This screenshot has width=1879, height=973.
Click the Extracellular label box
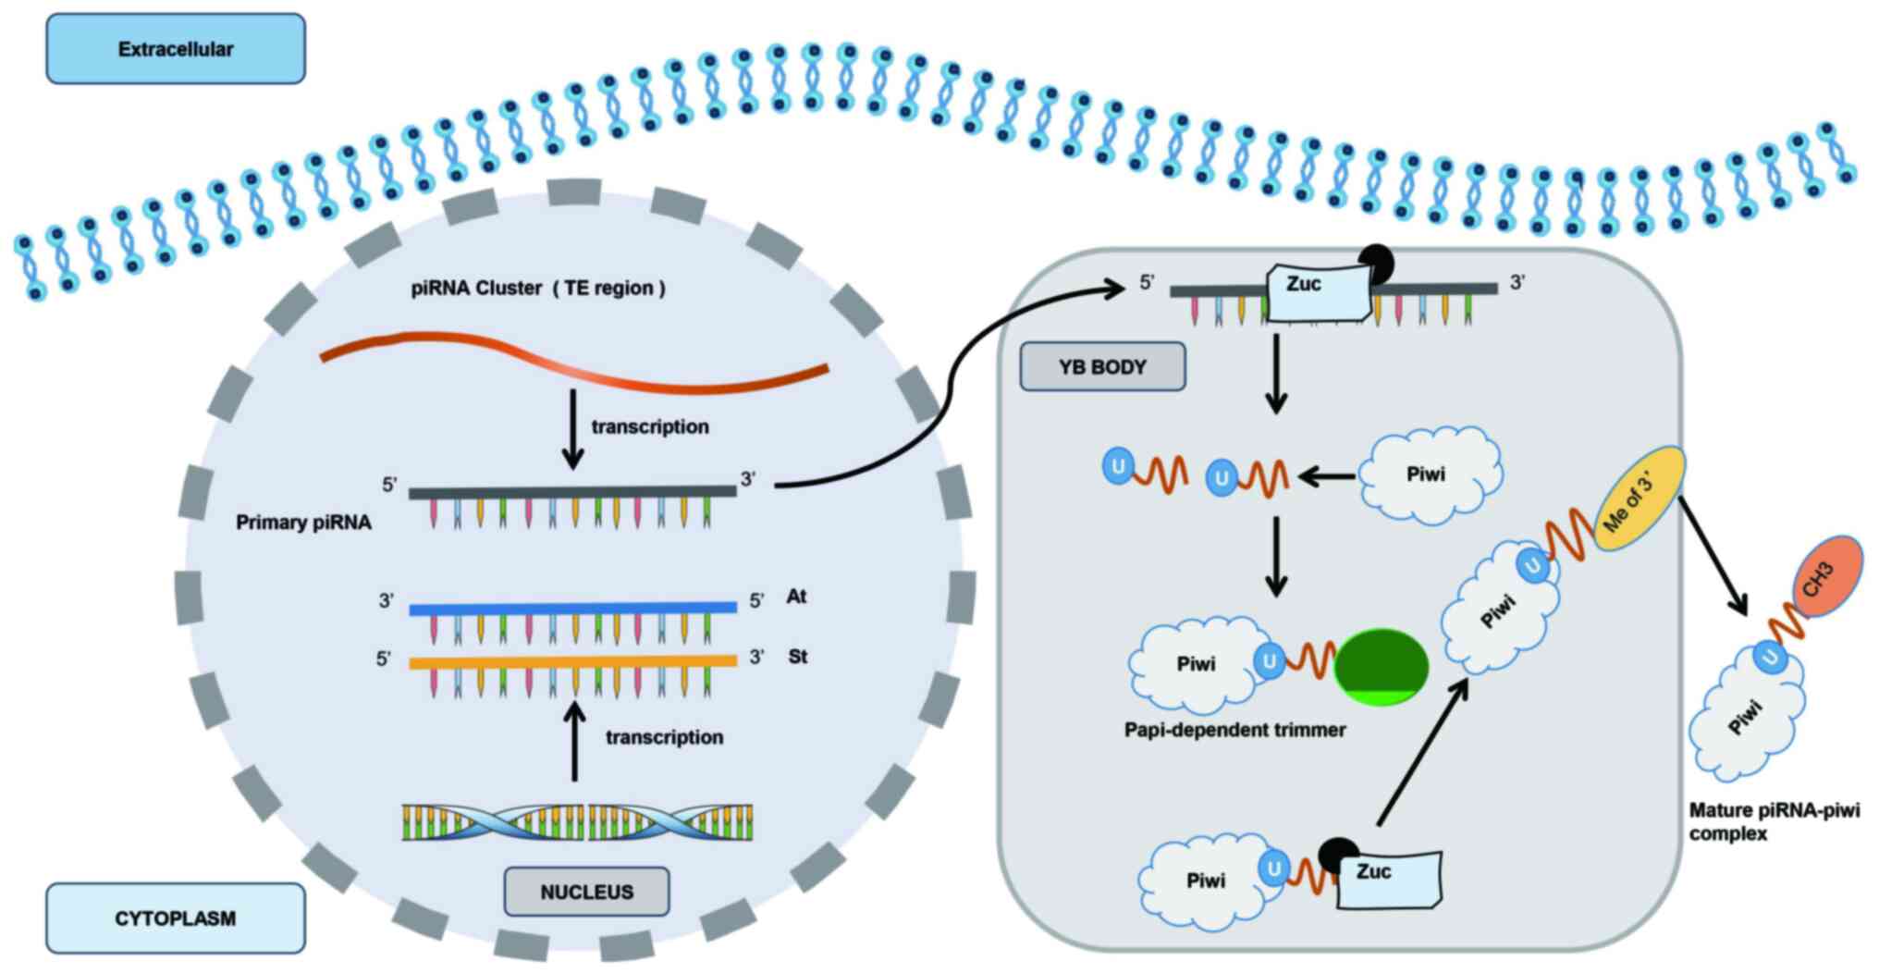176,49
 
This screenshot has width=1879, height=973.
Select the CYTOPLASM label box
176,918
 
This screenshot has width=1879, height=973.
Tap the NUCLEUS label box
586,892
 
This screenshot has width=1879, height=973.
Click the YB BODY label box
1102,366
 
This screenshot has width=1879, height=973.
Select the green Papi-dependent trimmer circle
1381,667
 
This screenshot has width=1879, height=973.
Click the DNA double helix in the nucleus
577,822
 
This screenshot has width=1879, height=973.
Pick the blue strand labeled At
572,609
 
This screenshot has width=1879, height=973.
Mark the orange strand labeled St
572,662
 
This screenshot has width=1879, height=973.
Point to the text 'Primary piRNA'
303,523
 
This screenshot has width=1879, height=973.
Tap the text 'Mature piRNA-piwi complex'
1774,821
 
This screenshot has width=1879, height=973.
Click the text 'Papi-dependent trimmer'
1234,730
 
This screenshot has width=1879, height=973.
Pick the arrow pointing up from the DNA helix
574,745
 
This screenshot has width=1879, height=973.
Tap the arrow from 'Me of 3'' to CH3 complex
1713,555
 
